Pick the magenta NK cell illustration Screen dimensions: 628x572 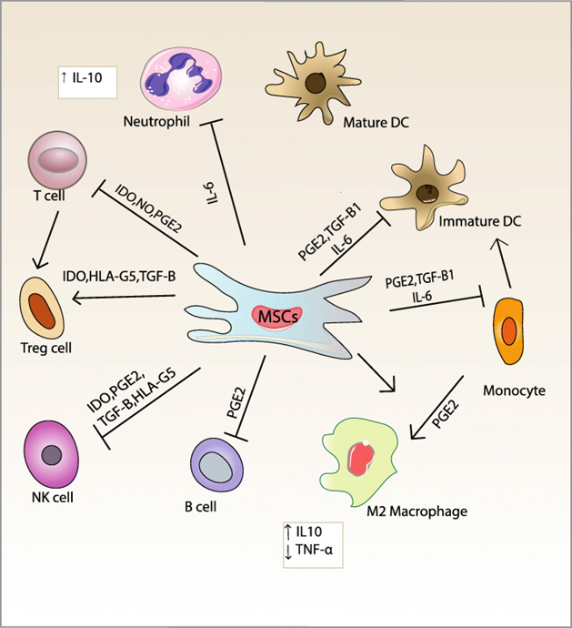pyautogui.click(x=54, y=454)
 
